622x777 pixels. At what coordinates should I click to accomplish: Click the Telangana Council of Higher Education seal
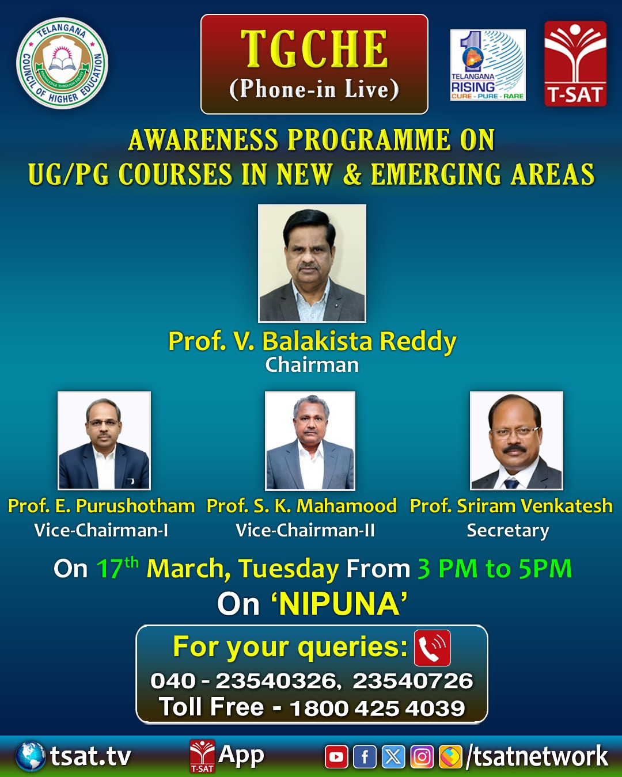pos(62,63)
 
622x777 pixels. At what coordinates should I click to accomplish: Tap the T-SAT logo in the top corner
pos(575,63)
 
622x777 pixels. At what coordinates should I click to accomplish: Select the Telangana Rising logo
pos(488,65)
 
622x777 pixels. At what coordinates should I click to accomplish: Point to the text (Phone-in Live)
pos(314,89)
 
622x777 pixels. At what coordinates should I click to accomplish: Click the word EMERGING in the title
pos(436,174)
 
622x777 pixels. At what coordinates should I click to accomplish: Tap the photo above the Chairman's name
pos(312,263)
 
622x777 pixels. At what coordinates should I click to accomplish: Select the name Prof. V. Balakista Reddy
pos(312,341)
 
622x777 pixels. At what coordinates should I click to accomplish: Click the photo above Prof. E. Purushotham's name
pos(104,440)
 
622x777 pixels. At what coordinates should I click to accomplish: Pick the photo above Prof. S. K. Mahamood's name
pos(310,441)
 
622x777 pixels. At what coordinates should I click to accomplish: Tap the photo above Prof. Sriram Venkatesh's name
pos(517,440)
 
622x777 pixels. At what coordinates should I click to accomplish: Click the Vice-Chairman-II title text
pos(305,531)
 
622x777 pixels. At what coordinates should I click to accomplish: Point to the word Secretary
pos(508,531)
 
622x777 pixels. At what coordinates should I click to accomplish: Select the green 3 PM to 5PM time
pos(495,569)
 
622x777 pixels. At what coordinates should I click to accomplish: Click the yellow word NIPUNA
pos(340,604)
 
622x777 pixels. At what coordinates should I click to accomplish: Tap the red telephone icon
pos(433,648)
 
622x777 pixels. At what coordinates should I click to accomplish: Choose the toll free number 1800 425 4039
pos(377,709)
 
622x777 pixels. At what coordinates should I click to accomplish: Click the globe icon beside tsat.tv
pos(31,756)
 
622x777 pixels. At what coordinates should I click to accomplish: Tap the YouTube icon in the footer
pos(336,756)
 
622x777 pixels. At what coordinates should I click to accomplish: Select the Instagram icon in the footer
pos(422,756)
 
